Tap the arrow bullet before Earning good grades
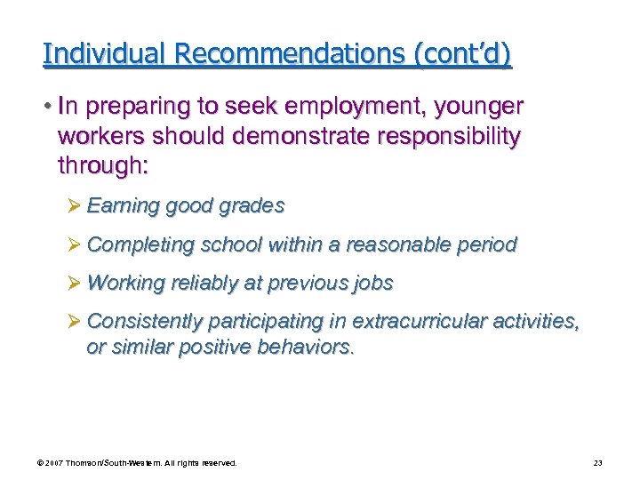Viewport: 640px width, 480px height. click(x=76, y=206)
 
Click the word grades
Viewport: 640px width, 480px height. click(x=253, y=206)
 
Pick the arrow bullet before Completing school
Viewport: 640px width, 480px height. click(x=76, y=244)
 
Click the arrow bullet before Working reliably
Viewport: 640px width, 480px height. click(x=76, y=284)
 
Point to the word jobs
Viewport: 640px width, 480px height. click(x=373, y=284)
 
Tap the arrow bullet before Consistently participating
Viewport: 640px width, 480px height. click(x=76, y=321)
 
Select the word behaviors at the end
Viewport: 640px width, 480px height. click(x=306, y=347)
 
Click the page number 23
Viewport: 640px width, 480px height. click(x=596, y=463)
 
